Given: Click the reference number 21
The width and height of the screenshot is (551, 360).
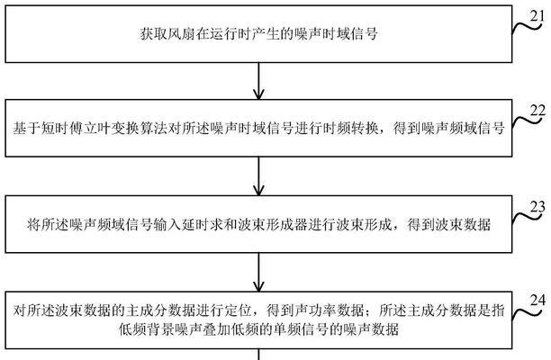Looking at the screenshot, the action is coord(537,15).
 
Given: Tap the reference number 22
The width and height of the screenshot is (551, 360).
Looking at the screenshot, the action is coord(537,111).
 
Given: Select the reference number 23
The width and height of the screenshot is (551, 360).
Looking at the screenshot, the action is coord(537,207).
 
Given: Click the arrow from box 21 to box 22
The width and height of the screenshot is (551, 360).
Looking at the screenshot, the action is coord(258,81).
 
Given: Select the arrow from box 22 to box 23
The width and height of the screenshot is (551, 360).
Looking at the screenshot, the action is coord(258,176).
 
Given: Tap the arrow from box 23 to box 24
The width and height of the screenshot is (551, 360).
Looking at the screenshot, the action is coord(258,272).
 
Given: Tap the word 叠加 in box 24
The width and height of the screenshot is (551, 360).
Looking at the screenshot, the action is coord(216,329).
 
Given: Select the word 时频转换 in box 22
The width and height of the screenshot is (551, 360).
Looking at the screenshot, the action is coord(350,128).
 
